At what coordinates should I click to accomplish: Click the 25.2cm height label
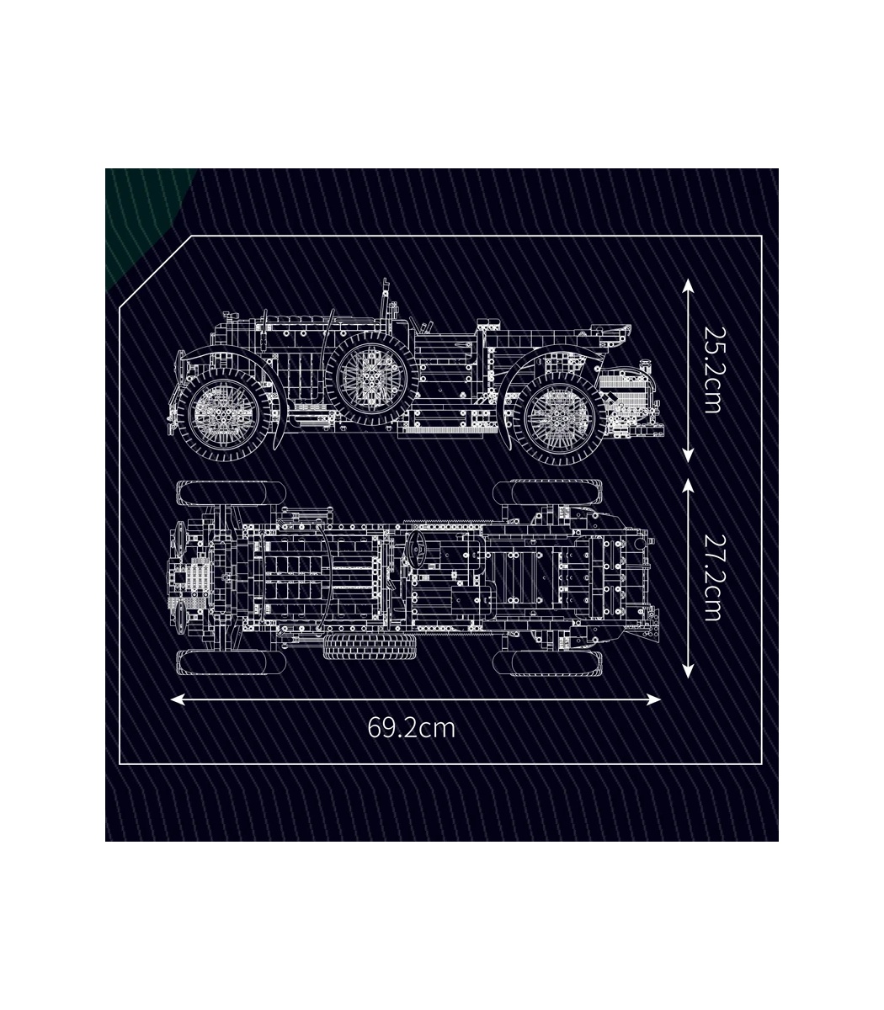(712, 369)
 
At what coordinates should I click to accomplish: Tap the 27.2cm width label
(712, 577)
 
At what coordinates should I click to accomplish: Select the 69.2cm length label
(411, 742)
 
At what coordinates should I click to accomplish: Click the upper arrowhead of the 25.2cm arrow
(688, 286)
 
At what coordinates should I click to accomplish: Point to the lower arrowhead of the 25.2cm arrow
(688, 455)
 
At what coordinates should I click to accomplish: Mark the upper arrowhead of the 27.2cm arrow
(688, 487)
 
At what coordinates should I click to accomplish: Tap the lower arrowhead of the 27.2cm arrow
(688, 670)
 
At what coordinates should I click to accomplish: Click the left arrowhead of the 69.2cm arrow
(178, 699)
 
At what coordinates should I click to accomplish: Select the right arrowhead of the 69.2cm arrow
(652, 699)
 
